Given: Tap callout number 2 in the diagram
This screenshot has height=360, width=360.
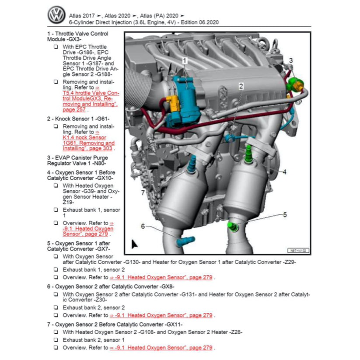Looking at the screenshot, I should [x=241, y=86].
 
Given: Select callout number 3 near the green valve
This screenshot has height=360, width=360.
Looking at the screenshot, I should [x=290, y=60].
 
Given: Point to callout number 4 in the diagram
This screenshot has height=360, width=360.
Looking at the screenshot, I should [x=284, y=172].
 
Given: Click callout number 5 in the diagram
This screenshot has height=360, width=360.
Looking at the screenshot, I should [x=284, y=215].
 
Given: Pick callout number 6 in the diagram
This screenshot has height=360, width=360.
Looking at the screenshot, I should [x=143, y=226].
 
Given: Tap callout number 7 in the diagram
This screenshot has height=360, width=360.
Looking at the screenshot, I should [x=143, y=192].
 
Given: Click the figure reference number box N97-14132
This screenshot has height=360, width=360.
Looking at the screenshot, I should [x=297, y=251].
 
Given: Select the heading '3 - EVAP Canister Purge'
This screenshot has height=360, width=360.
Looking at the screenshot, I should [x=77, y=157].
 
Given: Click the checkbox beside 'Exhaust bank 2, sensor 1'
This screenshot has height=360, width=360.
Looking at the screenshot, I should [x=56, y=340].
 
